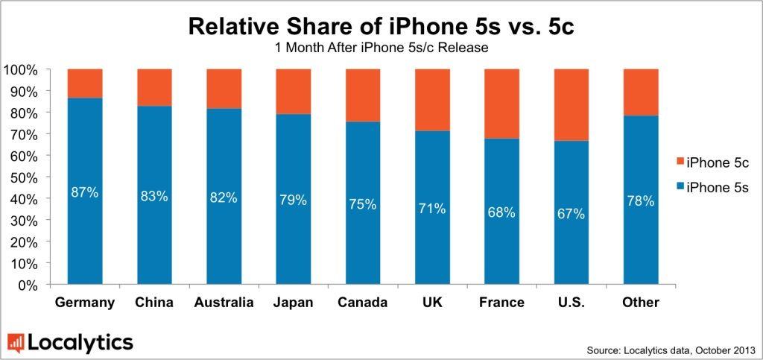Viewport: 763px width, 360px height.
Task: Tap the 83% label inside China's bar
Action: [x=154, y=197]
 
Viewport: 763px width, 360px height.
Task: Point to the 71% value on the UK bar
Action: [x=431, y=208]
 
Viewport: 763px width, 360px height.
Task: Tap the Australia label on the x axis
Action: [x=224, y=303]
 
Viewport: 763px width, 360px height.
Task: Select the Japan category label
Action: [x=293, y=303]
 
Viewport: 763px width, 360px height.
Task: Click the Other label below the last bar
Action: [x=640, y=303]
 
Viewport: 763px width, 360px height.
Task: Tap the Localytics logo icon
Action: [x=16, y=343]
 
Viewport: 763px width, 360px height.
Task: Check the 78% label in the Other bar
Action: [x=640, y=200]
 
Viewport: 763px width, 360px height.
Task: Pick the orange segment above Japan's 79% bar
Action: [x=293, y=91]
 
